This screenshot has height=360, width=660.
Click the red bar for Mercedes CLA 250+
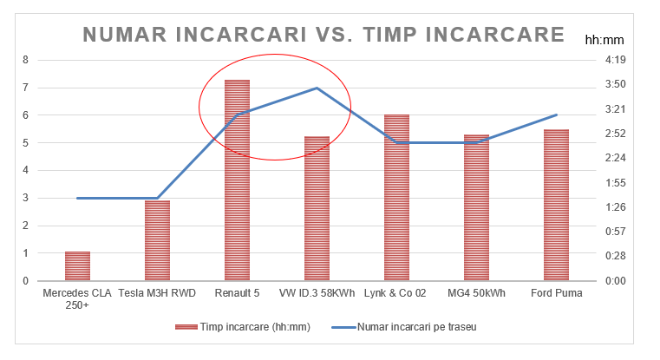click(77, 266)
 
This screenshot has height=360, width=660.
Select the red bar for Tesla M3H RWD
click(157, 241)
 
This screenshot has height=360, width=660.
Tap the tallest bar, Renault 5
click(237, 180)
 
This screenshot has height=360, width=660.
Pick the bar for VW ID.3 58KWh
click(317, 209)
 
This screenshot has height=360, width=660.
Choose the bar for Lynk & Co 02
click(396, 198)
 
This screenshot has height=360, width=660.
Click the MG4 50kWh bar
click(476, 208)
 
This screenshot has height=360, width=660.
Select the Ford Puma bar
click(556, 206)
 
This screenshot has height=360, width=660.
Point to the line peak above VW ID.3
click(317, 88)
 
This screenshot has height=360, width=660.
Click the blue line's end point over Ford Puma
click(556, 115)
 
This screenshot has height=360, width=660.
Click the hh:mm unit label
click(602, 40)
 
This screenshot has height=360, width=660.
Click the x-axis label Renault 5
click(237, 294)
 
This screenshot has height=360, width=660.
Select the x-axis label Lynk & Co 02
click(396, 294)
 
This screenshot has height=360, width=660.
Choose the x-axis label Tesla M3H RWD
click(157, 294)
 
